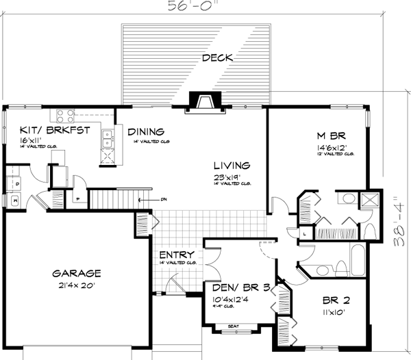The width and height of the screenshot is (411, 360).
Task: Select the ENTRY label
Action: click(x=177, y=254)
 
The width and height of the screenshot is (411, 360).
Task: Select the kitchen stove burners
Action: click(x=64, y=115)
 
